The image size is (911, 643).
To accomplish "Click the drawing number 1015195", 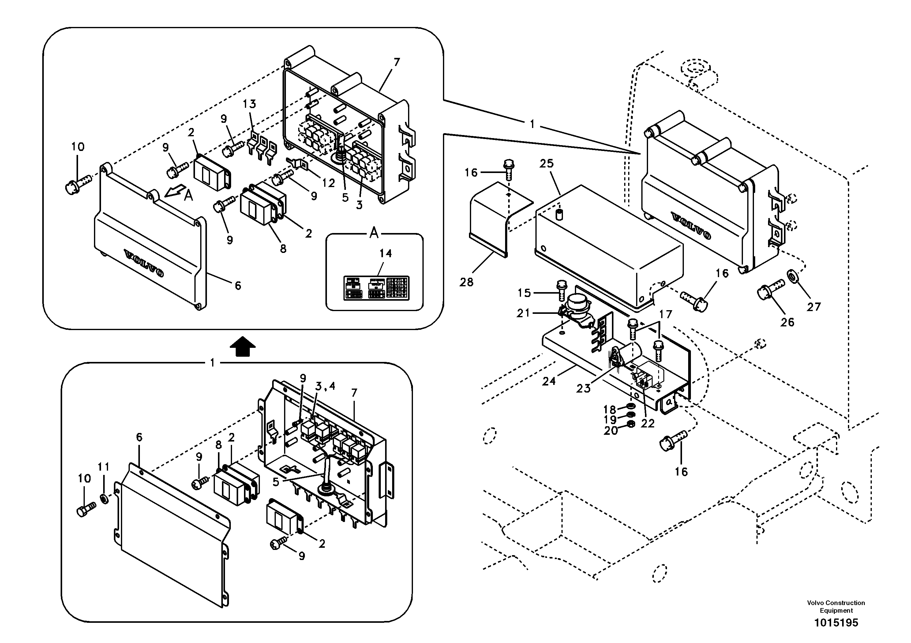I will coord(836,622).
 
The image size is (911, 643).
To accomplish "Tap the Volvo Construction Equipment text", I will coord(836,607).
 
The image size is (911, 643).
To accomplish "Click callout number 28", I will coord(467,282).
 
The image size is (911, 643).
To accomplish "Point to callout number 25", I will coord(546,164).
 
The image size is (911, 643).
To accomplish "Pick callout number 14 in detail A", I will coord(385,253).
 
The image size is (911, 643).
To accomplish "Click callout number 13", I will coord(249,104).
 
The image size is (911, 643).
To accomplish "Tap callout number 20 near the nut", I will coord(611,430).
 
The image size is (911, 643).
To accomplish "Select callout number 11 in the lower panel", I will coord(103,467).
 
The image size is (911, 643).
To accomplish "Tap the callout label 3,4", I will coord(325,386).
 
